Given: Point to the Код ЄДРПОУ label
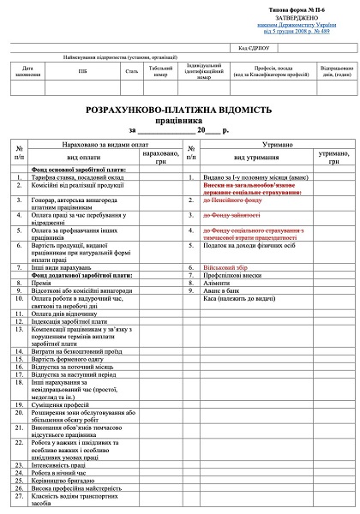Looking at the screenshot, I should pos(254,49).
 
